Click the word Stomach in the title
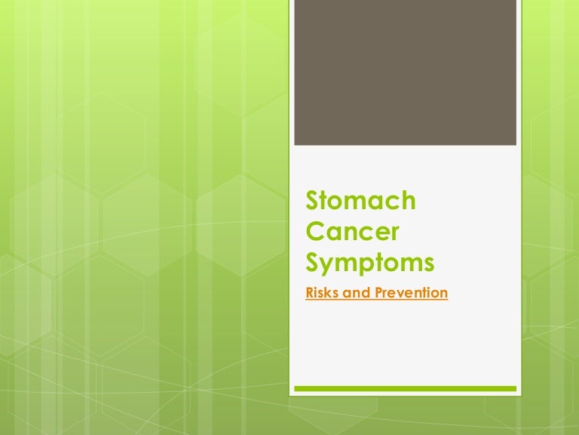click(x=361, y=200)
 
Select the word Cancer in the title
click(x=353, y=231)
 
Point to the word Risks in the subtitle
click(x=320, y=292)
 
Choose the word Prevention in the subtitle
click(x=412, y=292)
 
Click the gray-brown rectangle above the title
click(x=405, y=72)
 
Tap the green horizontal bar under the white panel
click(x=405, y=388)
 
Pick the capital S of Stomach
click(x=313, y=200)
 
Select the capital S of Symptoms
click(x=313, y=262)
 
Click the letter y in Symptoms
click(x=329, y=267)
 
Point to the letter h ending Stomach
click(x=408, y=200)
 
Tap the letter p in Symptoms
click(x=373, y=267)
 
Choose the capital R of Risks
click(x=310, y=292)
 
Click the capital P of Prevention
click(x=379, y=292)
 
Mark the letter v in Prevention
click(x=403, y=294)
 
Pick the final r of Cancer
click(x=395, y=234)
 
